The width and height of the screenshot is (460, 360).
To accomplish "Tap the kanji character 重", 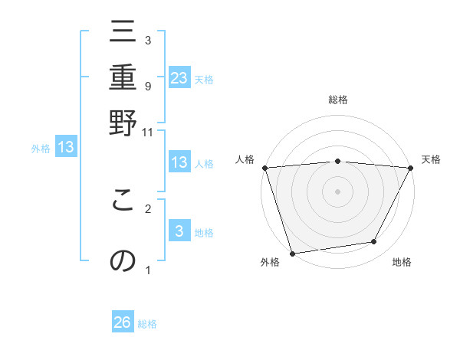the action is (123, 78).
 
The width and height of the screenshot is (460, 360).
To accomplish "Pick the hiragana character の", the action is (123, 260).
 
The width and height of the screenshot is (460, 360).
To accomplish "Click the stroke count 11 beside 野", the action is (148, 132).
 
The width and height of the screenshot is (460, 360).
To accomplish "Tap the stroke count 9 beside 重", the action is (148, 86).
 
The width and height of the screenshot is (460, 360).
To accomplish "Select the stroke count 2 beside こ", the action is (148, 208).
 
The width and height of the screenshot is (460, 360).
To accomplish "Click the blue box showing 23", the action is (179, 77).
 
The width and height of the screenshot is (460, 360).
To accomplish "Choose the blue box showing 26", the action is (123, 322).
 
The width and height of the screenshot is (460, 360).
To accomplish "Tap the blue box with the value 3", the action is (179, 231).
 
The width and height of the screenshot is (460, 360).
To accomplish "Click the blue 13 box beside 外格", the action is (66, 147).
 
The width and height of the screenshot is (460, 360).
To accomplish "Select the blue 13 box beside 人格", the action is (179, 162).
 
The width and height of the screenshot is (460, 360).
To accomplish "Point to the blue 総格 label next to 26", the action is (147, 324).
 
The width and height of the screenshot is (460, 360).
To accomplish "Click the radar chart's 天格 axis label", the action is (431, 159).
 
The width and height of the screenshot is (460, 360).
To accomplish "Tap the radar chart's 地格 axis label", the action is (402, 263).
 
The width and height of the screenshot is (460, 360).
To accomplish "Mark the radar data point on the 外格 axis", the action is (292, 253).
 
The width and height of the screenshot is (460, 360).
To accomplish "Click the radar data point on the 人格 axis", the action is (264, 168).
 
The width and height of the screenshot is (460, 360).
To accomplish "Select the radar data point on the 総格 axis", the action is (337, 161).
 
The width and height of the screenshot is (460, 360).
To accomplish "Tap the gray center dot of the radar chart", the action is (337, 191).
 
